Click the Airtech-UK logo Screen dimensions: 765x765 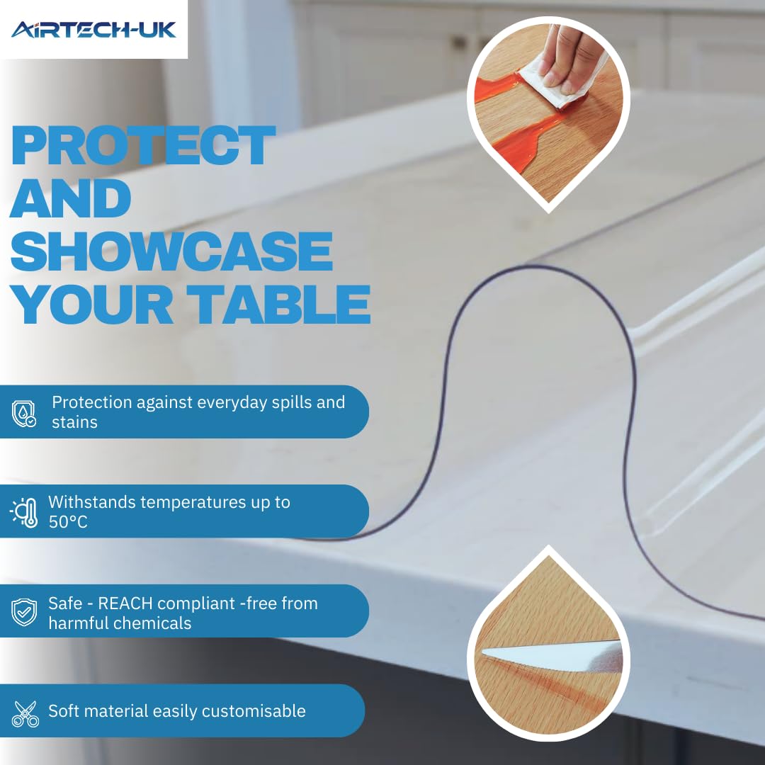pos(93,29)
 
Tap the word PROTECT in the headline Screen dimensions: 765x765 pos(143,145)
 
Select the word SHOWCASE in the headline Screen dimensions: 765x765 pos(171,251)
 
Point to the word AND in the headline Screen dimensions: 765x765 pos(71,198)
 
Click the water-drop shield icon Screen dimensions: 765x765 pos(24,414)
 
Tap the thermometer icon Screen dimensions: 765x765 pos(24,513)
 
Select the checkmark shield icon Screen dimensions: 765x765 pos(24,612)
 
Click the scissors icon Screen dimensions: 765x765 pos(25,714)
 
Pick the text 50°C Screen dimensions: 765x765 pos(68,522)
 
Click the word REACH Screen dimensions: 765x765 pos(125,603)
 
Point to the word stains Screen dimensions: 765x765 pos(74,422)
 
